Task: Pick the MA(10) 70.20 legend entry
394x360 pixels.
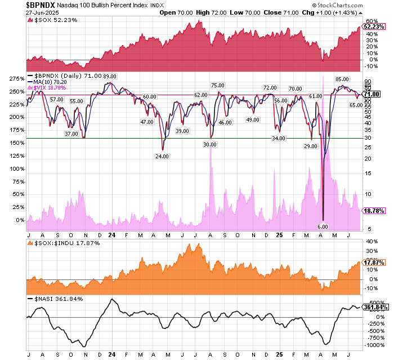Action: click(54, 82)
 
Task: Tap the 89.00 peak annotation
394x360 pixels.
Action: click(109, 77)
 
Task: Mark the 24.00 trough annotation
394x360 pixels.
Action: click(162, 156)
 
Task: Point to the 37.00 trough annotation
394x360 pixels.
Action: click(71, 134)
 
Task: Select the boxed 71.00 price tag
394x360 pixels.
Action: click(375, 94)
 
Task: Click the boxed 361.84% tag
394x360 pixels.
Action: click(375, 307)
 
